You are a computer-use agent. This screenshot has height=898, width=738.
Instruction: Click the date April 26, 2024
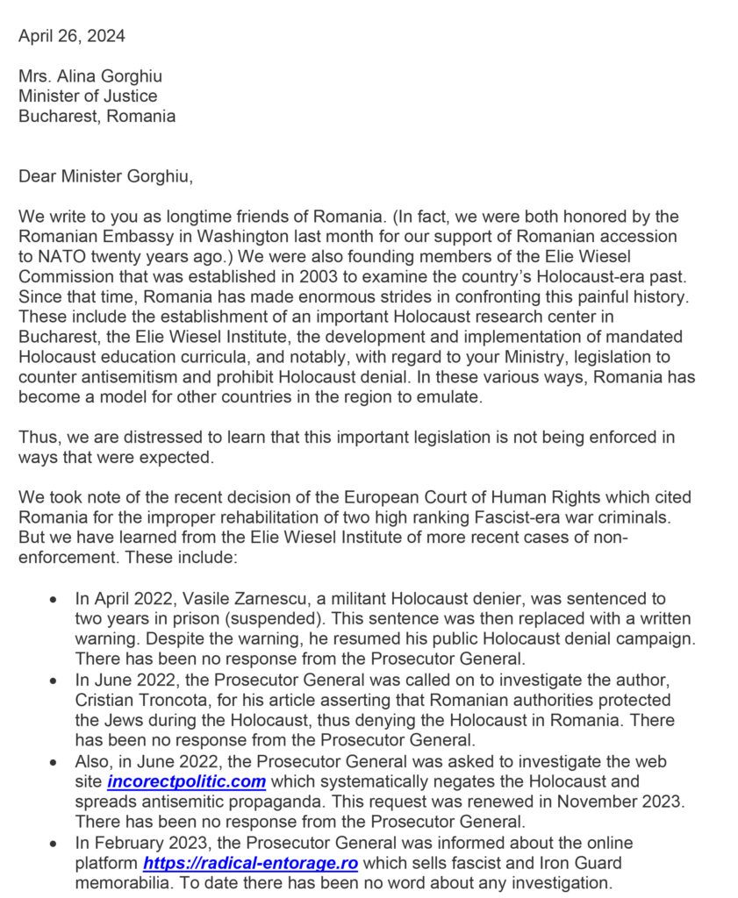tap(71, 36)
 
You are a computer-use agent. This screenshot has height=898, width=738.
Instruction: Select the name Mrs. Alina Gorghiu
tap(92, 76)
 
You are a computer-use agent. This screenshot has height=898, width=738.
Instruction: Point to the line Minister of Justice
tap(88, 96)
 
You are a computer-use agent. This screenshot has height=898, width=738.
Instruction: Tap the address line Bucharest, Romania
tap(97, 116)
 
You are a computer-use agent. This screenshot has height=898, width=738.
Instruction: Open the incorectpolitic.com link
tap(187, 780)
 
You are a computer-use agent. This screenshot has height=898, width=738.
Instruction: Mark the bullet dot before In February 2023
tap(54, 843)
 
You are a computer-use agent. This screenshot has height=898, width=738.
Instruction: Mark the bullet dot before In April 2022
tap(54, 600)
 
